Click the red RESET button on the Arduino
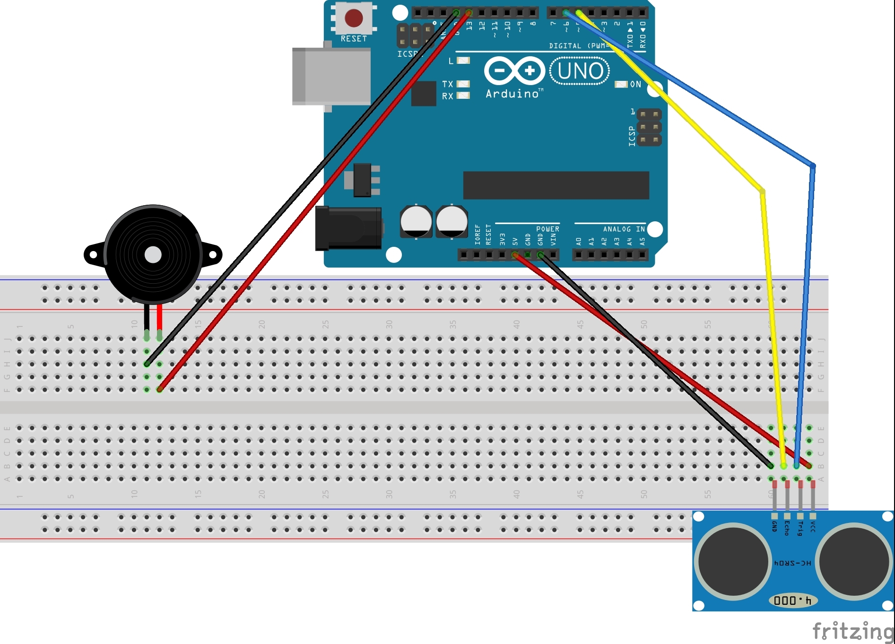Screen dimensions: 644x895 point(354,18)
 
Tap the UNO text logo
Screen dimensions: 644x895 point(580,71)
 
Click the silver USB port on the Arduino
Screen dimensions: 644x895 point(330,76)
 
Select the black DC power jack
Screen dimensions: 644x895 point(348,228)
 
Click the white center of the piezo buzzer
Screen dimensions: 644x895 point(153,255)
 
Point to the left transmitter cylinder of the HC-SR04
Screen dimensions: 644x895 point(732,561)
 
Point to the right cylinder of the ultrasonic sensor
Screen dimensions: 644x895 point(854,561)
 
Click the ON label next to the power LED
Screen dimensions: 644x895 point(635,84)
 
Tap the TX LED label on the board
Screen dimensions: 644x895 point(447,84)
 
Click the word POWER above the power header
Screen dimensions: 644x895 point(547,229)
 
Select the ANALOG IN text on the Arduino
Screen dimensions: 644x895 point(624,229)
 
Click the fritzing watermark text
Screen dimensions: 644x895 point(852,632)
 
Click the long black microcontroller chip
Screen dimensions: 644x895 point(556,185)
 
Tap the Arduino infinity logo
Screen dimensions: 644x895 point(514,71)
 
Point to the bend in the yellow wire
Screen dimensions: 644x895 point(762,191)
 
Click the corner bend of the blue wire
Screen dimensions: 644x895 point(813,165)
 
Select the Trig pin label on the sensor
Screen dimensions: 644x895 point(800,528)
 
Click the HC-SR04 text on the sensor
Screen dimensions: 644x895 point(792,563)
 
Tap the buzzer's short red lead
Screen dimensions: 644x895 point(160,317)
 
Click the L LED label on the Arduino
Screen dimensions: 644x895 point(451,61)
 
